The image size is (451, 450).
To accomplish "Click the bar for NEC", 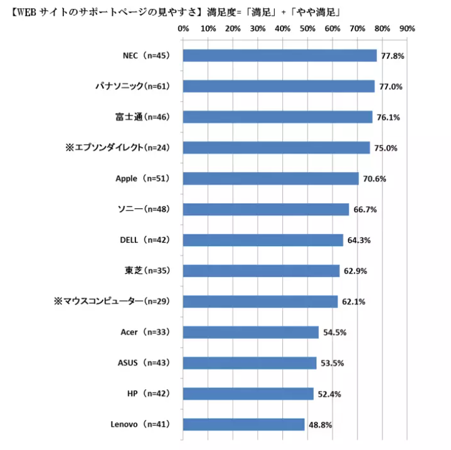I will pos(279,55).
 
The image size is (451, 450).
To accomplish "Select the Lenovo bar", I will pos(243,424).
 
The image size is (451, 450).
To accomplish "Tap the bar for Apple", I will pos(270,178).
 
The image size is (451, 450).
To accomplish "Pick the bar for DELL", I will pos(263,240).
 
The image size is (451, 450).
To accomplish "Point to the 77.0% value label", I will pos(390,87).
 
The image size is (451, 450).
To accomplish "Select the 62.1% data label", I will pos(353,302).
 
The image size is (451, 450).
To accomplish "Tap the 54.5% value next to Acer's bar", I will pos(334,333).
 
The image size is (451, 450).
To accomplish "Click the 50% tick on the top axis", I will pos(307,28).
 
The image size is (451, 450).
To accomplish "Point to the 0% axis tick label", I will pos(183,28).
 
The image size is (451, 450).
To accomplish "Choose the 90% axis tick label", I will pos(406,28).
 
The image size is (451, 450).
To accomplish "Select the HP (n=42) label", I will pos(148,394).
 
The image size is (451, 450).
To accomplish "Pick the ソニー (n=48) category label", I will pos(144,209).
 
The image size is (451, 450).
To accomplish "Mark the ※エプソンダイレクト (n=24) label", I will pos(118,147).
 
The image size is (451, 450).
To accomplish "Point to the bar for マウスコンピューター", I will pos(260,301).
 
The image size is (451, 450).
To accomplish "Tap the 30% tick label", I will pos(258,28).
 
